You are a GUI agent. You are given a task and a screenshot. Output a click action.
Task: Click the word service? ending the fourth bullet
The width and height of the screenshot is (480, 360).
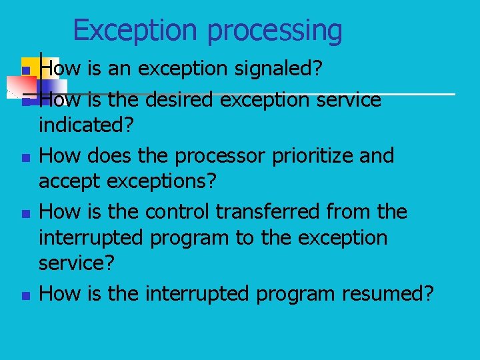tap(77, 263)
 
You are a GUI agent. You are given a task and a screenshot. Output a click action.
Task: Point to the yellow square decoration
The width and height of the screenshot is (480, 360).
tap(32, 66)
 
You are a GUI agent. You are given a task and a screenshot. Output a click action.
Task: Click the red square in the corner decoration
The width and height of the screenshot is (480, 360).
tap(21, 85)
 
